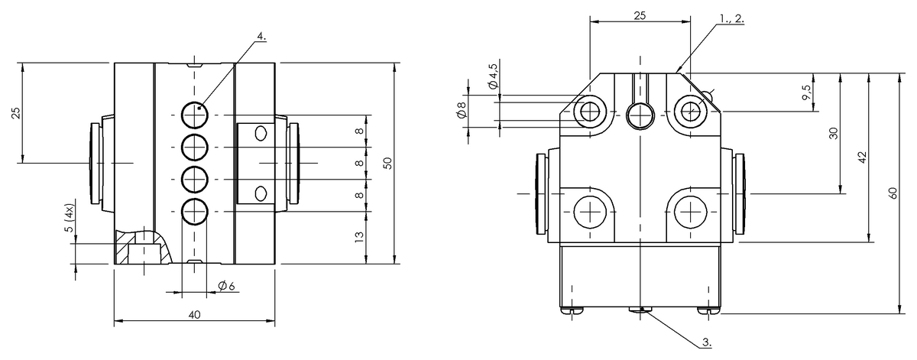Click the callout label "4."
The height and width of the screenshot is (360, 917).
[261, 36]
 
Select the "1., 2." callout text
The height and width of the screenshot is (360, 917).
[732, 19]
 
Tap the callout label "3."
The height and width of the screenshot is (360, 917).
[707, 342]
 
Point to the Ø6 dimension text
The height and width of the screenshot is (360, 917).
[226, 285]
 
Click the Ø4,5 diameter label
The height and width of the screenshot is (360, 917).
[494, 76]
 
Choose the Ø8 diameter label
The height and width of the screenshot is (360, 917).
[462, 110]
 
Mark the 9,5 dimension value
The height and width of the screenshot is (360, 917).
[807, 92]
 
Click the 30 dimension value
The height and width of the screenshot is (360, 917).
[834, 133]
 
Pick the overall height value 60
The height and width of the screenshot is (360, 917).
[893, 193]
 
